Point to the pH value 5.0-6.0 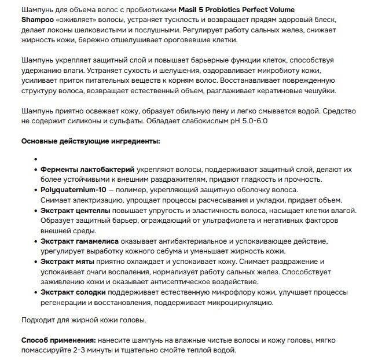click(x=250, y=120)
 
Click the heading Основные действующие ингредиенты click(x=91, y=141)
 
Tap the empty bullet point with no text click(x=36, y=158)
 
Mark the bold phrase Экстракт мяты click(x=67, y=262)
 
